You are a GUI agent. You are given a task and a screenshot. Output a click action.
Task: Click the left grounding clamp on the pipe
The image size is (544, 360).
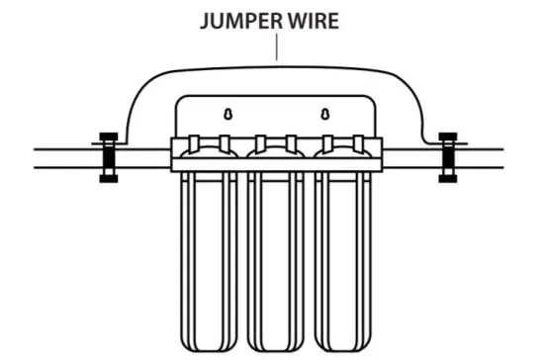(107, 157)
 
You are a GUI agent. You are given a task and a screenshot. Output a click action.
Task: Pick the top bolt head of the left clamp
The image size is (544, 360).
(107, 136)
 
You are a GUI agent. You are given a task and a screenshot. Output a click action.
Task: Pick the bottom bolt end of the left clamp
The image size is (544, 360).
(107, 179)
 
